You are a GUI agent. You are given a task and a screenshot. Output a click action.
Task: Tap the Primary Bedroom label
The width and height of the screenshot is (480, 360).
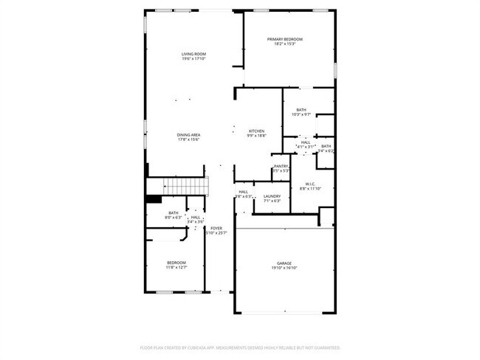[x=284, y=39]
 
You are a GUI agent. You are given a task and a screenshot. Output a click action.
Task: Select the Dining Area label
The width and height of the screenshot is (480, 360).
[x=188, y=135]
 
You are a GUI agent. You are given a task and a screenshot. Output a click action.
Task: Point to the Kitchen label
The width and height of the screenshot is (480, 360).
[x=256, y=131]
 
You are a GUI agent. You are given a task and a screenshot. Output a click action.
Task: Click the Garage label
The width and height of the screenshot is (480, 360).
[x=284, y=263]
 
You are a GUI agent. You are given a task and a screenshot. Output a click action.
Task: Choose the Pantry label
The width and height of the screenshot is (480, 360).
[x=281, y=167]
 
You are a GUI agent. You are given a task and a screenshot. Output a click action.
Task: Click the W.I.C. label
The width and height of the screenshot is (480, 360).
[x=310, y=184]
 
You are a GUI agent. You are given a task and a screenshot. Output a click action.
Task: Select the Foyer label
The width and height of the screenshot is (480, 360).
[x=216, y=229]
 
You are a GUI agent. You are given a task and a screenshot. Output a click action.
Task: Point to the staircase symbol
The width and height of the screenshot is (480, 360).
[x=184, y=187]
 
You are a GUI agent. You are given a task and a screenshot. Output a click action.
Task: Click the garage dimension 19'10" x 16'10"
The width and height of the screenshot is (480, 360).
[x=284, y=269]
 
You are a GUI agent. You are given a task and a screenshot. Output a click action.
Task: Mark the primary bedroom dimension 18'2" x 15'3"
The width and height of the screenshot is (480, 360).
[x=284, y=44]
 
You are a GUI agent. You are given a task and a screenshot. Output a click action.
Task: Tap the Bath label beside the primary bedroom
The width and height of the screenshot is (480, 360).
[x=301, y=110]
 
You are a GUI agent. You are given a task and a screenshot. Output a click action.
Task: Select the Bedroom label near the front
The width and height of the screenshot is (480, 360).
[x=176, y=263]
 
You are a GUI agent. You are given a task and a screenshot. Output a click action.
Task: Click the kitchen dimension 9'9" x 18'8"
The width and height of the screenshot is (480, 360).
[x=256, y=136]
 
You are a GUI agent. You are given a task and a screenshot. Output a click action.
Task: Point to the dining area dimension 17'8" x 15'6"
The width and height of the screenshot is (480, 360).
[x=188, y=140]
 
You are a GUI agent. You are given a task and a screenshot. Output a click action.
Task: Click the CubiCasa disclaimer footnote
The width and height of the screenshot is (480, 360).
[x=240, y=347]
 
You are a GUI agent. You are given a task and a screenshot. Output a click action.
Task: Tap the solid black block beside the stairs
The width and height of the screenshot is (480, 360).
[x=154, y=198]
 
